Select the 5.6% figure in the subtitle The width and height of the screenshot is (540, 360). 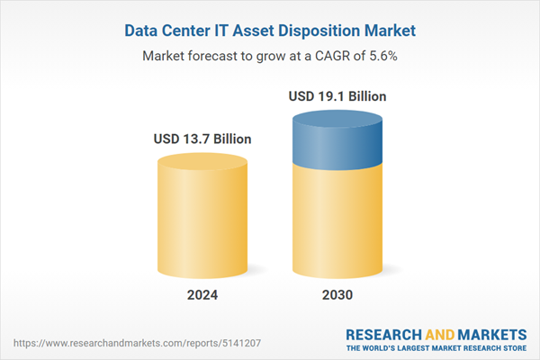(x=382, y=56)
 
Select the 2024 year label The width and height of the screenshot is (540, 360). (x=202, y=295)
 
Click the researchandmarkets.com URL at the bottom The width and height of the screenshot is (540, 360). (x=109, y=343)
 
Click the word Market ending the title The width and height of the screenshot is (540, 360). (x=389, y=31)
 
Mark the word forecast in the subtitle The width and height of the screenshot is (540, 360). (x=221, y=56)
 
